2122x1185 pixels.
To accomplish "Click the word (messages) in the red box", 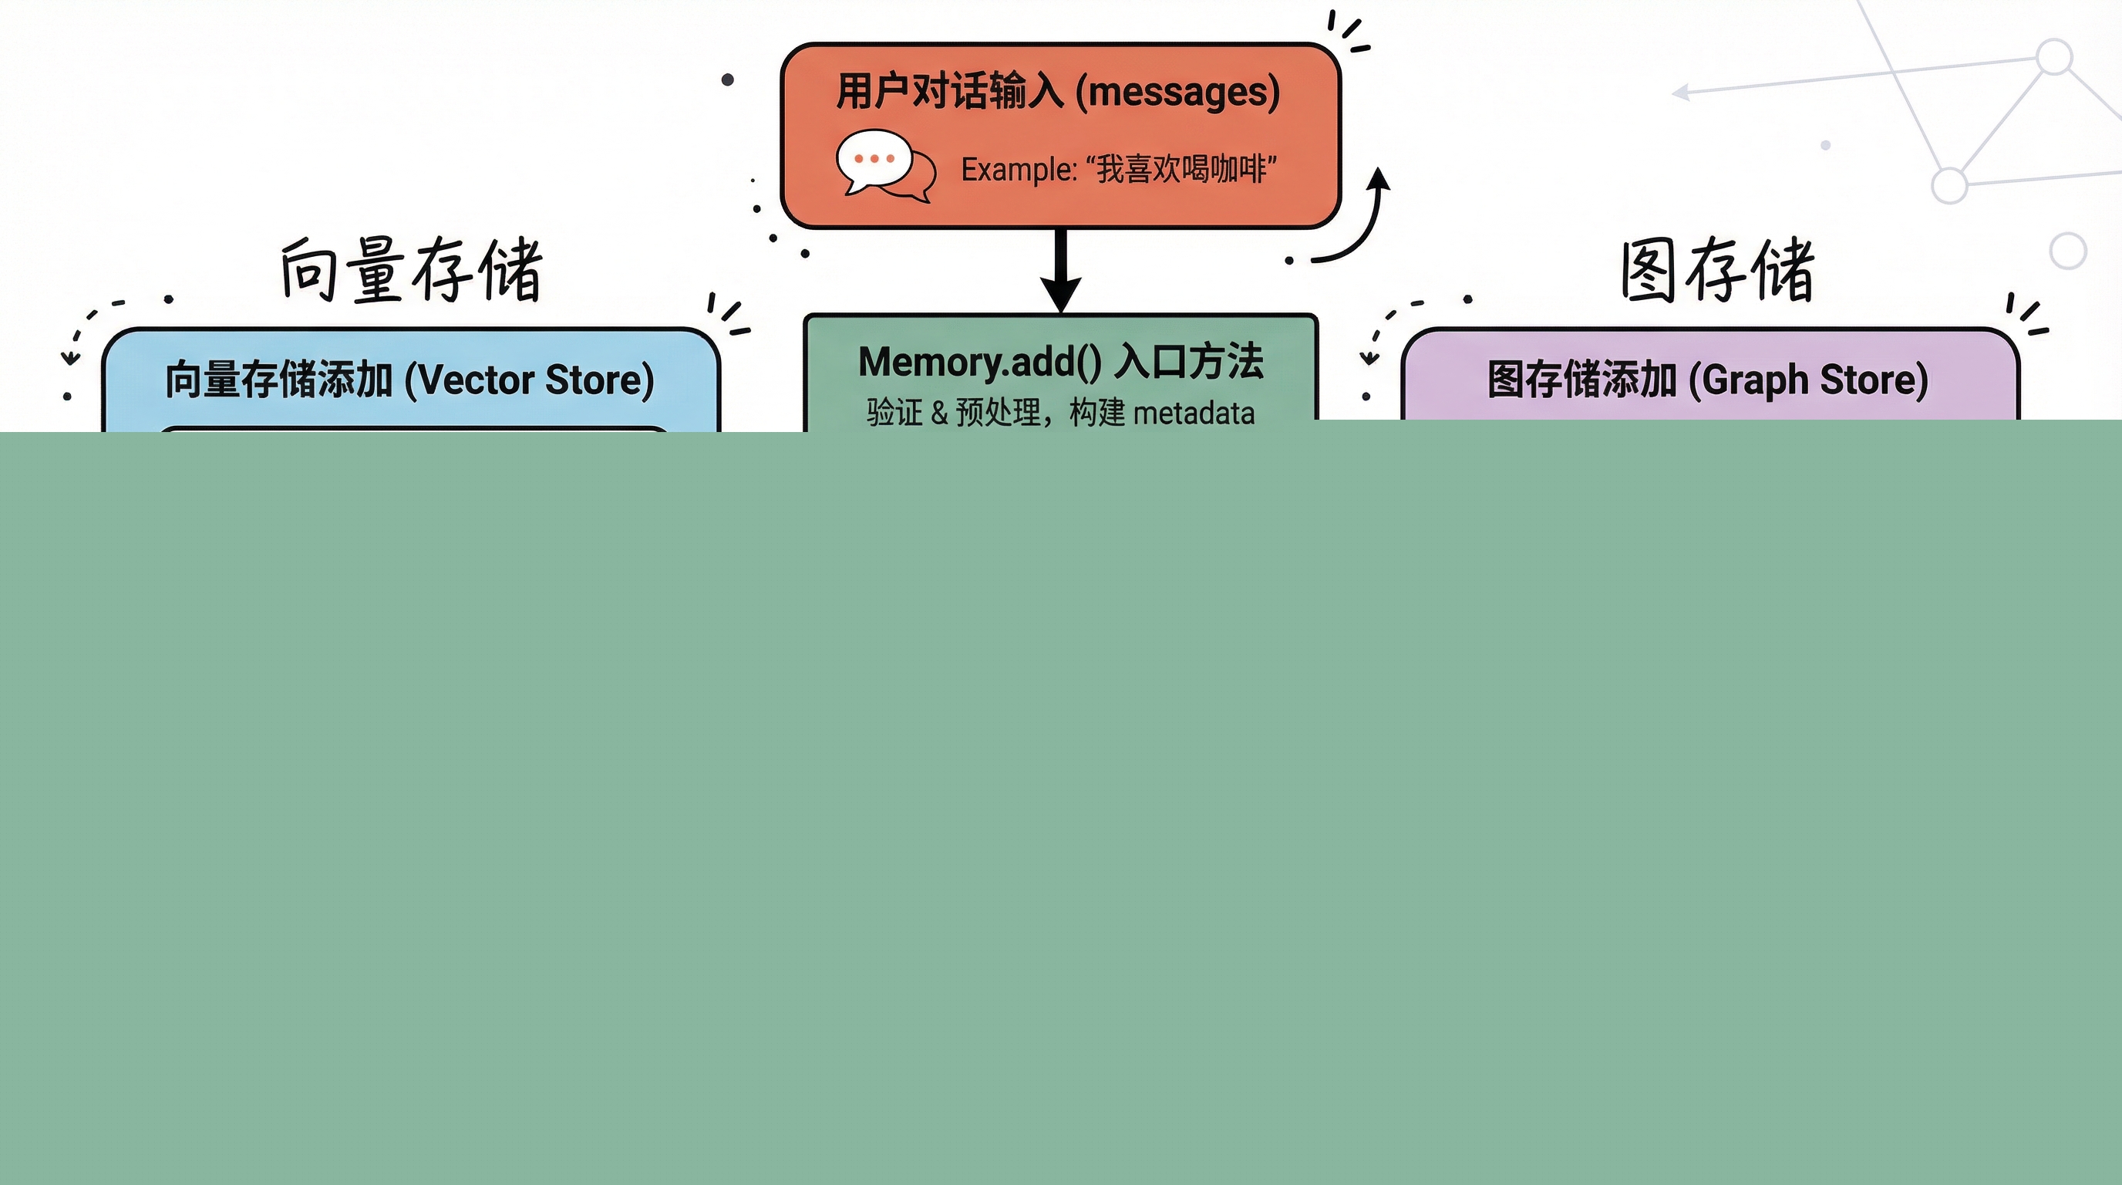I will click(x=1178, y=92).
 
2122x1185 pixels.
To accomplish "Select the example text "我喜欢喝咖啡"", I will click(x=1181, y=170).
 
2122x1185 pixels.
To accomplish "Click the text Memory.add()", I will click(x=979, y=362).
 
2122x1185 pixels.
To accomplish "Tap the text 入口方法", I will click(x=1189, y=362).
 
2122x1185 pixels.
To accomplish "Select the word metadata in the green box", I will click(x=1194, y=413).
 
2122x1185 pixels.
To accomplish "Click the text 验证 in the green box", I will click(x=894, y=413).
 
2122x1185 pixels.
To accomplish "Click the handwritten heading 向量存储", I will click(x=410, y=270).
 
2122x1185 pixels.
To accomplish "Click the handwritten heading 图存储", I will click(x=1716, y=270).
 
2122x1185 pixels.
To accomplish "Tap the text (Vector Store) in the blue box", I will click(x=529, y=380).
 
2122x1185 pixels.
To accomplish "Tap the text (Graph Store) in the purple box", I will click(x=1808, y=380).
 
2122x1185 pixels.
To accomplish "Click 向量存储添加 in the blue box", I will click(x=278, y=380).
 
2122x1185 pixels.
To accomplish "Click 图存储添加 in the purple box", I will click(x=1581, y=380).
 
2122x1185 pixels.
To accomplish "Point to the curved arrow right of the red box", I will click(x=1359, y=222).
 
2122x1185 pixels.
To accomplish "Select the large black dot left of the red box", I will click(x=727, y=80).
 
